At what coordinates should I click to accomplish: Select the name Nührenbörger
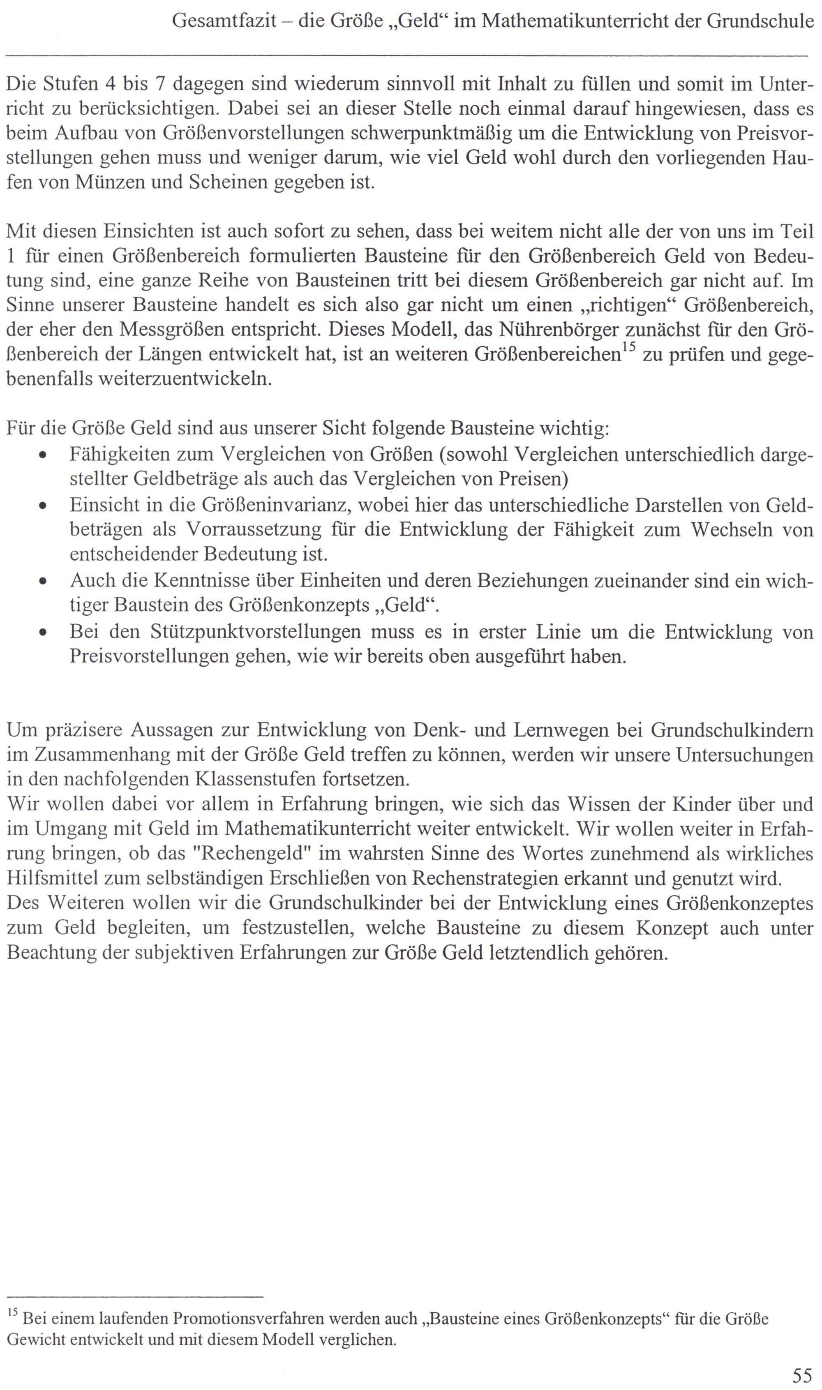pyautogui.click(x=560, y=330)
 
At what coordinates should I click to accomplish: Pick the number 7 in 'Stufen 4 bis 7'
pyautogui.click(x=161, y=84)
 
